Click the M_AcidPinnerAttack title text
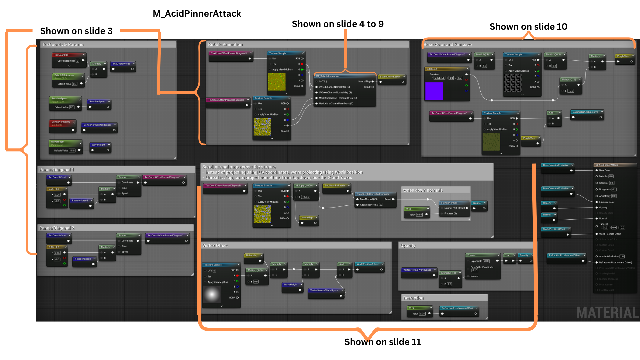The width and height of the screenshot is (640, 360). pyautogui.click(x=197, y=14)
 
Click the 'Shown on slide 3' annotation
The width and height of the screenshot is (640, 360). pyautogui.click(x=76, y=31)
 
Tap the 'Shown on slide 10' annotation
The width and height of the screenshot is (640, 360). pyautogui.click(x=528, y=27)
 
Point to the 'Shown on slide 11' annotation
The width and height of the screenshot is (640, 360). pyautogui.click(x=383, y=342)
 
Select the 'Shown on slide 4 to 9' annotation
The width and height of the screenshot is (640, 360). pyautogui.click(x=338, y=24)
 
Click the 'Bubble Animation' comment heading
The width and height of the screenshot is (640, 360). pyautogui.click(x=225, y=45)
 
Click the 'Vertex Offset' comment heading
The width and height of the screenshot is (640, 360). pyautogui.click(x=215, y=246)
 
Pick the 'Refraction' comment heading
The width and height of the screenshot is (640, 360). pyautogui.click(x=413, y=298)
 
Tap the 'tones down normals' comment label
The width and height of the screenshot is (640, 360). pyautogui.click(x=423, y=190)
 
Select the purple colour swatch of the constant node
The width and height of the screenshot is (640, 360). pyautogui.click(x=434, y=91)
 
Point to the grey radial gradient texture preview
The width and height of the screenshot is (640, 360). pyautogui.click(x=212, y=295)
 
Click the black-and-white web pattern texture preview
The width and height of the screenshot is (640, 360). pyautogui.click(x=513, y=83)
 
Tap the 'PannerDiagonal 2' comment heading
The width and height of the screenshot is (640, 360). pyautogui.click(x=57, y=228)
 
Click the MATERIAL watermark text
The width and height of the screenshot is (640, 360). pyautogui.click(x=607, y=313)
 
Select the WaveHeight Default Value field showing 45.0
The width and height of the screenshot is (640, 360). pyautogui.click(x=72, y=151)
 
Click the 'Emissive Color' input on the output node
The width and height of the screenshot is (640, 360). pyautogui.click(x=607, y=202)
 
